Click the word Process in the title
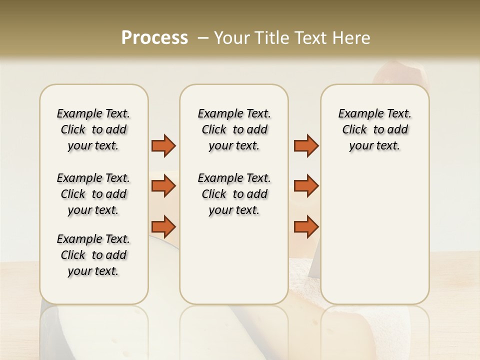pyautogui.click(x=154, y=38)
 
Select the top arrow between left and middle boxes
pyautogui.click(x=163, y=145)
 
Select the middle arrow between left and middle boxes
pyautogui.click(x=163, y=186)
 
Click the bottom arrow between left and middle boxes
pyautogui.click(x=163, y=226)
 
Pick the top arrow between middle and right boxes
pyautogui.click(x=306, y=145)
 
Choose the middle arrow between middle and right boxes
pyautogui.click(x=306, y=186)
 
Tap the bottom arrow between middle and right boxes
pyautogui.click(x=306, y=226)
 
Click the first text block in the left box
pyautogui.click(x=93, y=129)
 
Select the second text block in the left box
pyautogui.click(x=93, y=194)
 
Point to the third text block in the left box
pyautogui.click(x=93, y=255)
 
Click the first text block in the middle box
pyautogui.click(x=234, y=129)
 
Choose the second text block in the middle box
pyautogui.click(x=234, y=194)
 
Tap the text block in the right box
pyautogui.click(x=374, y=129)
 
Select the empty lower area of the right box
pyautogui.click(x=374, y=235)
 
